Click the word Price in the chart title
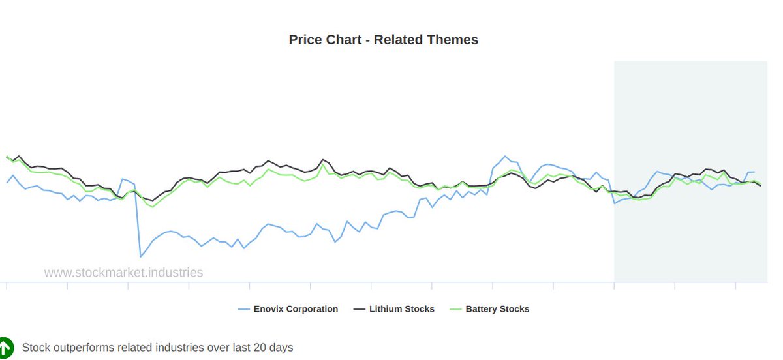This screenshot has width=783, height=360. [305, 40]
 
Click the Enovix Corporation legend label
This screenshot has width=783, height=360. [296, 309]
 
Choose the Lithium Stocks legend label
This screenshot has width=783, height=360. [401, 309]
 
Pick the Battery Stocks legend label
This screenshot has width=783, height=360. [497, 309]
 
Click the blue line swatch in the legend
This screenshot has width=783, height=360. [243, 309]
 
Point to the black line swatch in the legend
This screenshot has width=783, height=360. [359, 309]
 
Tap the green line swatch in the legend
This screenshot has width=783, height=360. [455, 309]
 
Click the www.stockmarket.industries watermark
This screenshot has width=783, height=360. [123, 273]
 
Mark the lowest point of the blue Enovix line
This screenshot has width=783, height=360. [140, 256]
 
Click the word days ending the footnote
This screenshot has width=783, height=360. [281, 348]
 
